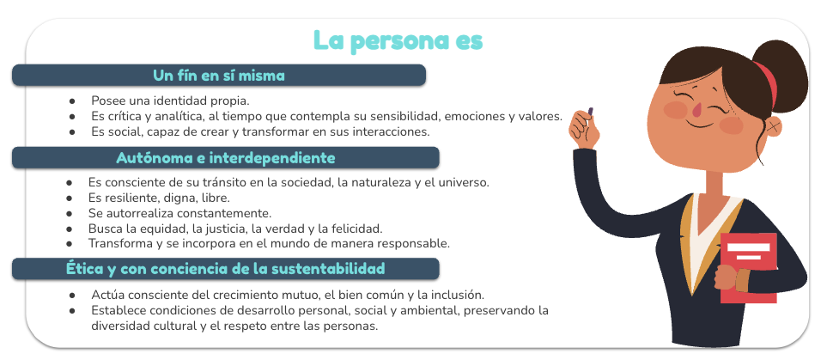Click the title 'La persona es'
click(398, 41)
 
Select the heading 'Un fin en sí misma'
click(219, 76)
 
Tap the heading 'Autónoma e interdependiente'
click(226, 158)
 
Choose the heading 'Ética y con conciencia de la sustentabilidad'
click(225, 269)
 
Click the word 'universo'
click(467, 183)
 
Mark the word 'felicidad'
click(359, 229)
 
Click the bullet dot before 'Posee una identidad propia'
click(72, 101)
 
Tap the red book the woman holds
click(748, 267)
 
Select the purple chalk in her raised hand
click(590, 111)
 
